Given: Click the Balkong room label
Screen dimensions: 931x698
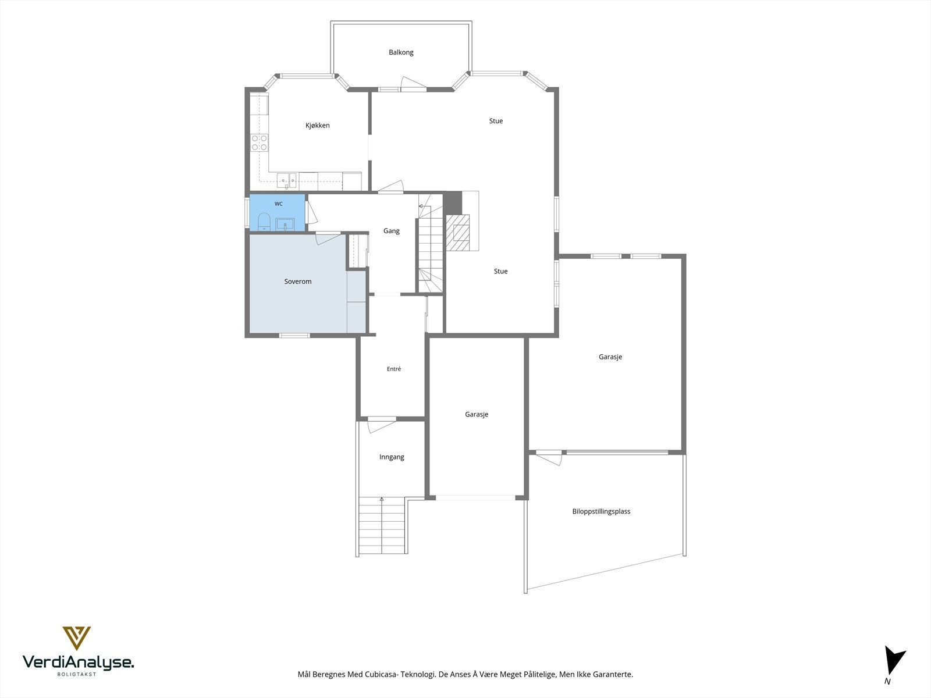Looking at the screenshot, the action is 401,52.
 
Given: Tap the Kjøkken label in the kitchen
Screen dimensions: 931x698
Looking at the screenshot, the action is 317,126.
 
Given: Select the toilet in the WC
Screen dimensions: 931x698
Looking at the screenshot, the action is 264,221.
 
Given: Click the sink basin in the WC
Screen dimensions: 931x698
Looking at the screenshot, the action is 285,224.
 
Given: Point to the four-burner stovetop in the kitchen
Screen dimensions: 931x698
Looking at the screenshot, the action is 259,143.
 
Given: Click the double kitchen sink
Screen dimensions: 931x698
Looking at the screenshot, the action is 287,180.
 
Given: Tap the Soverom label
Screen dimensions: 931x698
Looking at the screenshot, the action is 298,282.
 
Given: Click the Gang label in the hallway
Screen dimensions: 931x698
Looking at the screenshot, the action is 391,231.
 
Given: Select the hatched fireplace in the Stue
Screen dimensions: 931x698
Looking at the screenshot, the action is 458,232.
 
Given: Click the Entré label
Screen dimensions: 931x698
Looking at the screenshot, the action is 393,369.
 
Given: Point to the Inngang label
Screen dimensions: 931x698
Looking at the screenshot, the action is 392,457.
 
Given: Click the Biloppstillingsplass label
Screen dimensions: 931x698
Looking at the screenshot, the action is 601,511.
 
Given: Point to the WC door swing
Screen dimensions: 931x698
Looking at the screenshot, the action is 312,212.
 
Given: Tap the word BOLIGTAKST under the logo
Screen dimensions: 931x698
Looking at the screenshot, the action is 77,674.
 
